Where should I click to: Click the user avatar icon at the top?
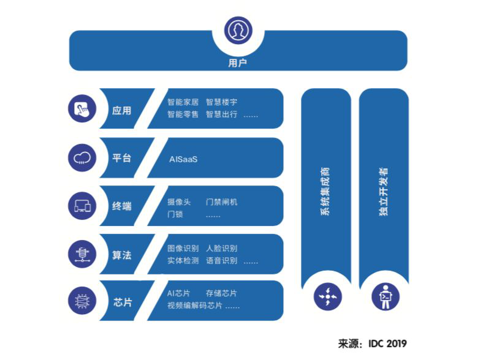(238, 31)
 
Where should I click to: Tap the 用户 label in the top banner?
(238, 62)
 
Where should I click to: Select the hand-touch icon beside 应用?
(82, 108)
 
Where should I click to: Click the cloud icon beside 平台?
(82, 158)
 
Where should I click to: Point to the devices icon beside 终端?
(82, 206)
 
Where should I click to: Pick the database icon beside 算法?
(82, 254)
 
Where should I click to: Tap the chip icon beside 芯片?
(82, 301)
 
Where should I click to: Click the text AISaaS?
(183, 159)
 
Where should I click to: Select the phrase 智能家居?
(183, 102)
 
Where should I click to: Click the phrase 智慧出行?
(221, 114)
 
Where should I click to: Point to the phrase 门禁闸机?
(221, 201)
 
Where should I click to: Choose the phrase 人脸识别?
(221, 248)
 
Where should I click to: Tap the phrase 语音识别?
(221, 260)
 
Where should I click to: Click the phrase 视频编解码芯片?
(195, 306)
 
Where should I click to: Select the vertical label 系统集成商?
(325, 192)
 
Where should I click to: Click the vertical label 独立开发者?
(384, 192)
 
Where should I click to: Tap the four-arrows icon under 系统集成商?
(328, 297)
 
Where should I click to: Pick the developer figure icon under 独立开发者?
(385, 297)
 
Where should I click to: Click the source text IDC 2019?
(387, 343)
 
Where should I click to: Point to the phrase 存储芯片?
(221, 293)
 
